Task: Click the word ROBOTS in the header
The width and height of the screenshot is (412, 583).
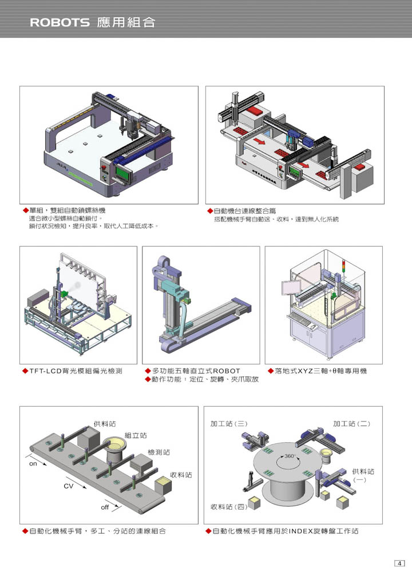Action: click(x=60, y=23)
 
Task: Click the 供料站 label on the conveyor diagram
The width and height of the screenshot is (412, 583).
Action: click(x=105, y=424)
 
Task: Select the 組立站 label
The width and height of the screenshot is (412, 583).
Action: click(x=136, y=436)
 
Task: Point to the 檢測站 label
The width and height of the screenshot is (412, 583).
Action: click(x=159, y=452)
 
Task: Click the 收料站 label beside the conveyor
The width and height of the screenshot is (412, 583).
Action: click(x=181, y=475)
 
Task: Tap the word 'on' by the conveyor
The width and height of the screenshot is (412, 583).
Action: click(x=33, y=463)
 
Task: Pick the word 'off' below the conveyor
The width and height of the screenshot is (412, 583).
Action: click(x=105, y=507)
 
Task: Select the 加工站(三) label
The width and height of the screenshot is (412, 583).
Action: click(x=229, y=424)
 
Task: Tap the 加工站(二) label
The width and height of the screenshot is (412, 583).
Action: click(x=352, y=424)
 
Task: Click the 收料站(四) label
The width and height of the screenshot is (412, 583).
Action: click(x=228, y=506)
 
